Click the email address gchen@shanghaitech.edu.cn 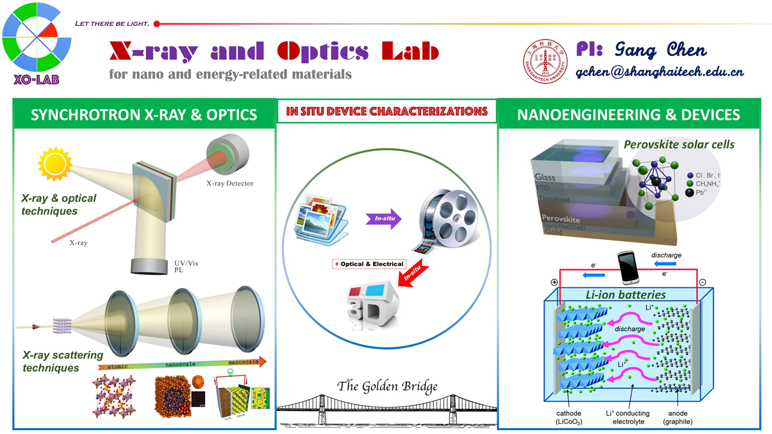659,72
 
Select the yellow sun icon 55,163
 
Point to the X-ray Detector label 230,183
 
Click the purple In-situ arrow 384,219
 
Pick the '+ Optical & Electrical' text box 369,264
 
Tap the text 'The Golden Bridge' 387,386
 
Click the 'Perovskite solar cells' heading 679,145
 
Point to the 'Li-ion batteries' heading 626,295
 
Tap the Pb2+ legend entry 700,193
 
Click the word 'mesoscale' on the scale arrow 244,362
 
